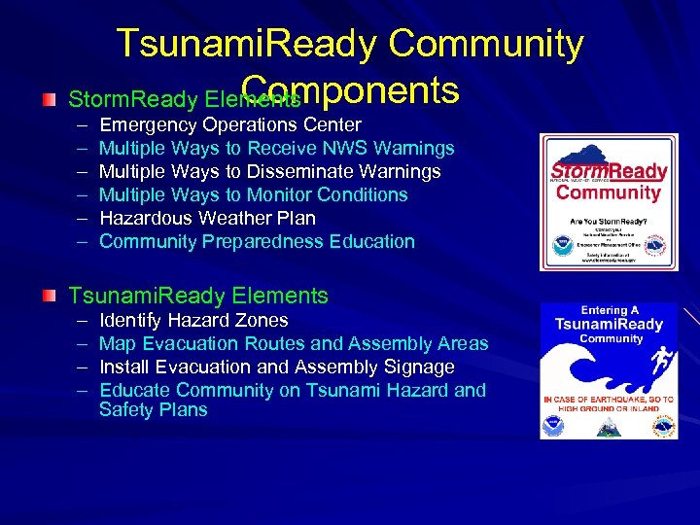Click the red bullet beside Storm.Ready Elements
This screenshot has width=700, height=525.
50,100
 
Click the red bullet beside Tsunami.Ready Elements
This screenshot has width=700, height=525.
50,296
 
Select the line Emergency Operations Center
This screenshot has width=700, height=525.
230,124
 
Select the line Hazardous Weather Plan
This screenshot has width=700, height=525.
207,218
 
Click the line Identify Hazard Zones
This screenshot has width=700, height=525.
193,320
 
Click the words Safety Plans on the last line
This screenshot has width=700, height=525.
154,409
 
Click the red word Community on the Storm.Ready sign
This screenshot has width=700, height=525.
609,192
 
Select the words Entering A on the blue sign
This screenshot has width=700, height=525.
609,310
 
